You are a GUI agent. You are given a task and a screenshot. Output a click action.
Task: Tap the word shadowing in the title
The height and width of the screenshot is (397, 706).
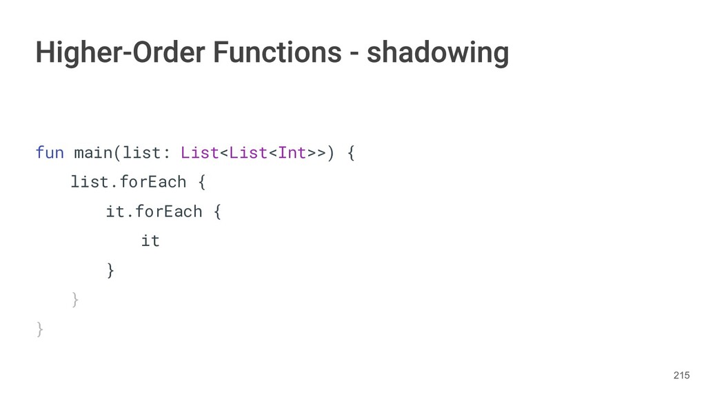coord(438,52)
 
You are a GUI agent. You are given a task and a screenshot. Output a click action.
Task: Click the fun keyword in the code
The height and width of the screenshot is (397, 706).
coord(50,152)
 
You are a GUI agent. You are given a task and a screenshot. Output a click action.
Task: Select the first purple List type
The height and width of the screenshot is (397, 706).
coord(199,152)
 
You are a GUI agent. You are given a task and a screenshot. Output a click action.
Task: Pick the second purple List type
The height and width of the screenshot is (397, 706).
coord(248,152)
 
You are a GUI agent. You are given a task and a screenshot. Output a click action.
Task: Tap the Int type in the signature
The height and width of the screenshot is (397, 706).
coord(292,152)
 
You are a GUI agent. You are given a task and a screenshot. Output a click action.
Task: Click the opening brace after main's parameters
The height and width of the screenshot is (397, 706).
coord(351,152)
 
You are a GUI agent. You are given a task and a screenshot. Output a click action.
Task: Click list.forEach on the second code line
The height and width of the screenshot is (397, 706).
coord(128,182)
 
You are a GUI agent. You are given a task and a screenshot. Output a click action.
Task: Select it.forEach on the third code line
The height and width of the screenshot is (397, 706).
coord(154,212)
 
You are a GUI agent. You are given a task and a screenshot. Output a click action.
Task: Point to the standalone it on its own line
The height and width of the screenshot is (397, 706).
coord(150,241)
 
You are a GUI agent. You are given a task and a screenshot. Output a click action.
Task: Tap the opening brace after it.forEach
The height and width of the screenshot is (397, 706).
coord(217,212)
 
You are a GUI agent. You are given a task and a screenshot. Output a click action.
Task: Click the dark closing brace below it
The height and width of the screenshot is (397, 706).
coord(110,271)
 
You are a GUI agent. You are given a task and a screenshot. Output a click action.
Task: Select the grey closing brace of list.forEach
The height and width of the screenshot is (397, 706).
coord(75,301)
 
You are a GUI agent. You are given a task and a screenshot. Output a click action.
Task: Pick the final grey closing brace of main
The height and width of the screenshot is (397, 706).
coord(40,330)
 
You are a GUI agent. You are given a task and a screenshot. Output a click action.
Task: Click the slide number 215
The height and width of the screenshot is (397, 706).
coord(681,375)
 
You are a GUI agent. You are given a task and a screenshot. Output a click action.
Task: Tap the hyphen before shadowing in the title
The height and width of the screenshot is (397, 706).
coord(353,53)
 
